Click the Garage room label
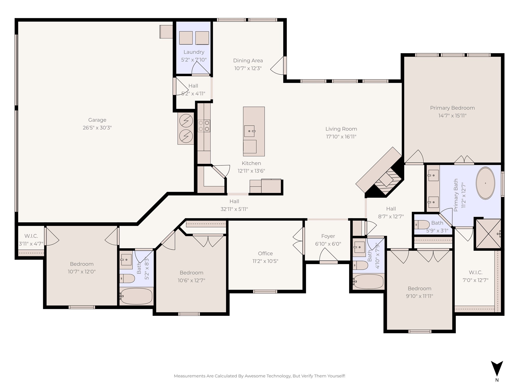97,120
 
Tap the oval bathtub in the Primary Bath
485,183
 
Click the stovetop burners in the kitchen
204,126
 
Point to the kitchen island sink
250,131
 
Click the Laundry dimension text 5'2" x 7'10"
194,60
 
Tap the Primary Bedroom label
452,108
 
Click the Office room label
265,253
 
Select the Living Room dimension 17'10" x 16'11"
341,137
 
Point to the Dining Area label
248,61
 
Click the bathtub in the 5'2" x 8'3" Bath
136,296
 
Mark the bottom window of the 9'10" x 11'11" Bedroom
420,331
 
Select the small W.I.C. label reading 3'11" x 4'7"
31,244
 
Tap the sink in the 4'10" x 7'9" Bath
359,247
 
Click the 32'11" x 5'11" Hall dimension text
234,209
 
